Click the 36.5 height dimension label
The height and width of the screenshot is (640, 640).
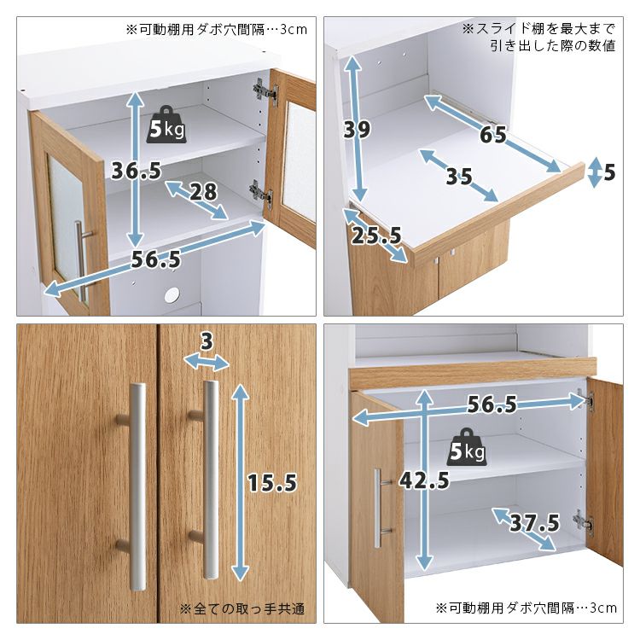point(137,171)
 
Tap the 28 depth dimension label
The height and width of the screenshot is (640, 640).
point(203,191)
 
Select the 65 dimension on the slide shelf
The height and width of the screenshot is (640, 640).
point(493,134)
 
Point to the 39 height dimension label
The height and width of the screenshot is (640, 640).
point(358,129)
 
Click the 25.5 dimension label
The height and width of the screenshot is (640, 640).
point(376,236)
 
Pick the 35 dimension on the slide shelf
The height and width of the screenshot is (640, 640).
point(459,177)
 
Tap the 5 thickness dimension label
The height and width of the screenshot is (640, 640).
point(609,172)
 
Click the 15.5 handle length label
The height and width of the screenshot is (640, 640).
point(272,483)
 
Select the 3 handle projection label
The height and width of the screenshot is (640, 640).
point(207,341)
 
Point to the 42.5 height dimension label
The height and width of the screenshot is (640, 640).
point(424,480)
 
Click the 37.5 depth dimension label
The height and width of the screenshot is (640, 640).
point(535,523)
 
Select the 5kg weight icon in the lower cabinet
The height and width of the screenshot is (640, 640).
point(468,447)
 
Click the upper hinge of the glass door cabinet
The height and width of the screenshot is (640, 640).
point(265,90)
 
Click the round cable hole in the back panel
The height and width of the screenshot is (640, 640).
point(172,294)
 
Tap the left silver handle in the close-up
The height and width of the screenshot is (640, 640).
point(137,486)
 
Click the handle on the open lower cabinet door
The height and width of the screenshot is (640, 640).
point(381,508)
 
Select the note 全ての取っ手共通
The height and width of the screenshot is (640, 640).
point(242,609)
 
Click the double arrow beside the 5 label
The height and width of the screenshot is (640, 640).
point(595,172)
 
